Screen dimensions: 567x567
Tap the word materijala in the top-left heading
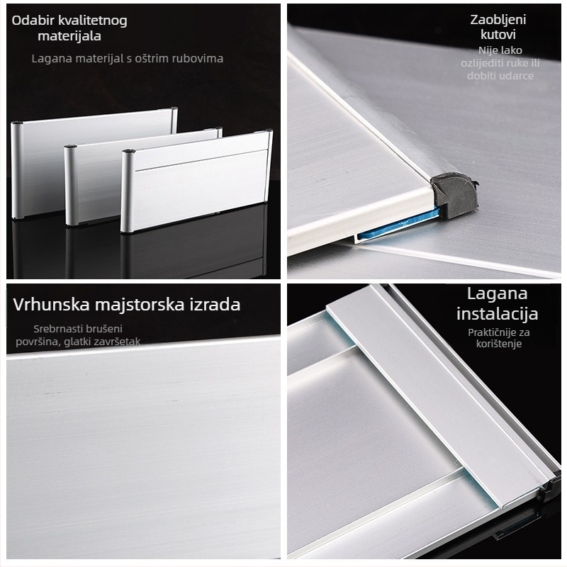[x=69, y=36]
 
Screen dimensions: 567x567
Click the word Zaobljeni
[x=498, y=20]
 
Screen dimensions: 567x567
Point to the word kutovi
[x=498, y=35]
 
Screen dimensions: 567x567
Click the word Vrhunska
[x=51, y=305]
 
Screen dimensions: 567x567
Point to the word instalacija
[x=498, y=313]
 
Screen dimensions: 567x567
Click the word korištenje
[x=499, y=344]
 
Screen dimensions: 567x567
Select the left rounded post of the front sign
[x=127, y=191]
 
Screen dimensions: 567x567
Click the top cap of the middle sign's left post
[x=70, y=147]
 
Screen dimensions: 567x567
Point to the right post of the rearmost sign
[x=174, y=120]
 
